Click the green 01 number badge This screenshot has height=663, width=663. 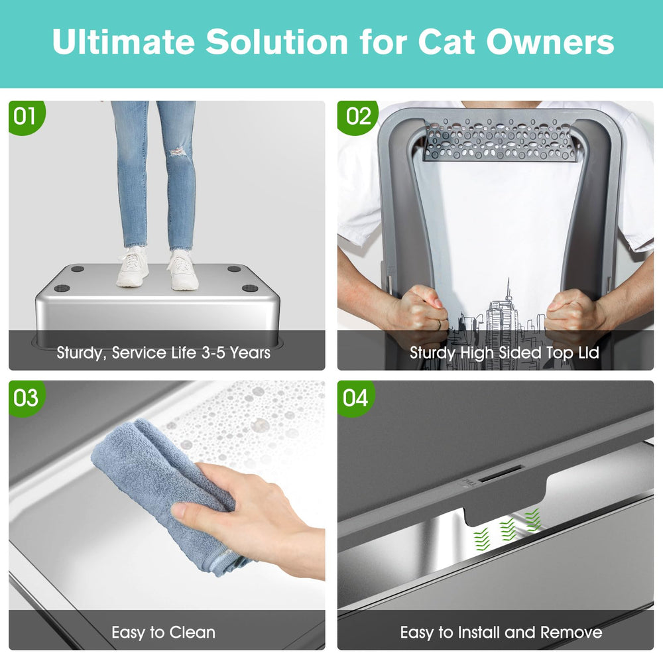coord(25,117)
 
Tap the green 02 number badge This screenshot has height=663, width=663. coord(358,117)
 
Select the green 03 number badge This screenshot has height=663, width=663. coord(26,398)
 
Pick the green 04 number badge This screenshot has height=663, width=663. coord(355,398)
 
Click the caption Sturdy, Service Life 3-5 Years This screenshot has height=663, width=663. coord(164,352)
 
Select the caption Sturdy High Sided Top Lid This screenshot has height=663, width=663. coord(505,352)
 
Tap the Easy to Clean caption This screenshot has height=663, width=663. coord(163,633)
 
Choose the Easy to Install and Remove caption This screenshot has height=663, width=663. coord(501,633)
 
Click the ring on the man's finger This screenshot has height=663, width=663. coord(439,324)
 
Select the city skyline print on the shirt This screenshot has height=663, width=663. coord(504,318)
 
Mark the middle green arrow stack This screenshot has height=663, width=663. coord(507,527)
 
